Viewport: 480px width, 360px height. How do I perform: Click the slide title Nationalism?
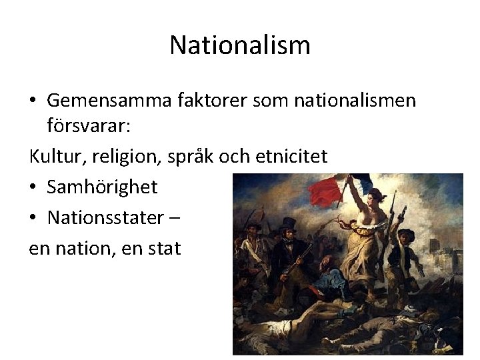coord(240,45)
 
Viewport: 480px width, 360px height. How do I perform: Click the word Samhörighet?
coord(102,187)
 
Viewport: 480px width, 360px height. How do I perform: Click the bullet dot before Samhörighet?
coord(33,187)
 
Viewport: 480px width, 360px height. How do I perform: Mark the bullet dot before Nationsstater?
coord(33,217)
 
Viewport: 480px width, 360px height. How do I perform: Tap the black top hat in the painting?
coord(289,223)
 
